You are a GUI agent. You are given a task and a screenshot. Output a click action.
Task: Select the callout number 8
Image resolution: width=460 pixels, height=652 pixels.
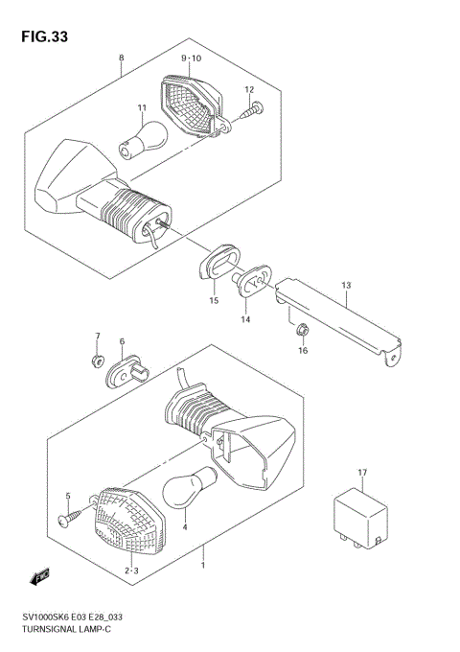(x=121, y=58)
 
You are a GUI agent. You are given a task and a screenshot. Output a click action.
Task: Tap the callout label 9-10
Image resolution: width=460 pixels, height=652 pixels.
(x=191, y=58)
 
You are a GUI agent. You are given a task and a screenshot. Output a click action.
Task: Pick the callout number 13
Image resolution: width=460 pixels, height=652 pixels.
(x=346, y=286)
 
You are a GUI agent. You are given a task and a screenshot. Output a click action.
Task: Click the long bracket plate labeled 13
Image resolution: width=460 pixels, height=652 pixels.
(x=340, y=315)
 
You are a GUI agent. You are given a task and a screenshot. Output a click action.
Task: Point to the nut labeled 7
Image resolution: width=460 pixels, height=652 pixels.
(x=98, y=361)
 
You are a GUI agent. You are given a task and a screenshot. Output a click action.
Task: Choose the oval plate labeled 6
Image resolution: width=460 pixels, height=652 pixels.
(x=128, y=369)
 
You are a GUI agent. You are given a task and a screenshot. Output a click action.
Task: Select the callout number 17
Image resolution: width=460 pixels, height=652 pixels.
(x=363, y=473)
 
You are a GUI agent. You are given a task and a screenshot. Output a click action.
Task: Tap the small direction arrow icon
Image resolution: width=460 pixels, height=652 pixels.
(x=40, y=576)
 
